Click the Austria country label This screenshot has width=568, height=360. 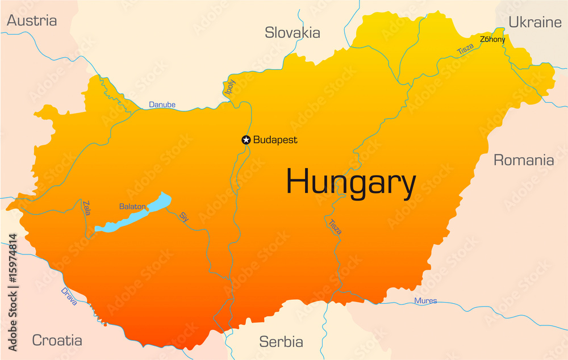(x=32, y=21)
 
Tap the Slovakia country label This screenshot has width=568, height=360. (x=293, y=33)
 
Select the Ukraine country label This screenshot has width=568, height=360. (x=534, y=22)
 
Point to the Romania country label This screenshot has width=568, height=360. (x=523, y=160)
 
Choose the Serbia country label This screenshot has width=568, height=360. (x=281, y=342)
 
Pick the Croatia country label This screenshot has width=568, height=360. (x=57, y=340)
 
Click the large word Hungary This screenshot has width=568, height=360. (x=350, y=183)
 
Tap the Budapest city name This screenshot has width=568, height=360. (x=275, y=140)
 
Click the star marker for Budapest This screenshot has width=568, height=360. (x=246, y=140)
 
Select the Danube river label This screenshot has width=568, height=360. (x=162, y=104)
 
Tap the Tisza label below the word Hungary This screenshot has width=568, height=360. (x=335, y=227)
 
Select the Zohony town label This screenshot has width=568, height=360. (x=492, y=39)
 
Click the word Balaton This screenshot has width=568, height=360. (x=132, y=207)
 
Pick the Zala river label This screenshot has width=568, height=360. (x=86, y=208)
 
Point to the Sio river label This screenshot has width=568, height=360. (x=183, y=216)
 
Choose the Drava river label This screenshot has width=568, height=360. (x=69, y=296)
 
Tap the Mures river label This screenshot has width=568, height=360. (x=425, y=300)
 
